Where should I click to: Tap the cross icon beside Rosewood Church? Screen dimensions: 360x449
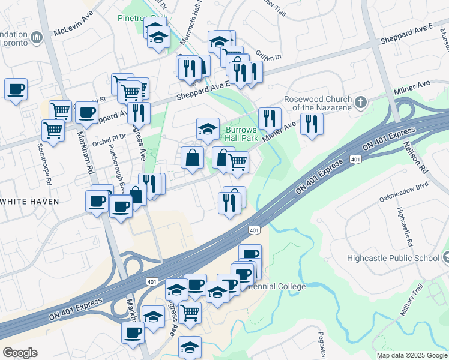click(x=360, y=102)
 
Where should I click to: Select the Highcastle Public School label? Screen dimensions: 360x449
click(x=393, y=259)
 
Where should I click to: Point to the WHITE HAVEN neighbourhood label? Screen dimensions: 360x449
click(x=29, y=202)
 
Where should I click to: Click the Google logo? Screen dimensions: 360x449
click(x=20, y=352)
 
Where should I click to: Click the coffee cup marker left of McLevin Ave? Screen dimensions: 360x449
click(x=16, y=90)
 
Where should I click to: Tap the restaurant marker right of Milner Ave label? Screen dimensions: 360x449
click(x=312, y=124)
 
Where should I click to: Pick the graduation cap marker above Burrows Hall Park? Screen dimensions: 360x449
click(x=208, y=129)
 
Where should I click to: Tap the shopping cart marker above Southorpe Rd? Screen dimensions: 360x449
click(x=53, y=130)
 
